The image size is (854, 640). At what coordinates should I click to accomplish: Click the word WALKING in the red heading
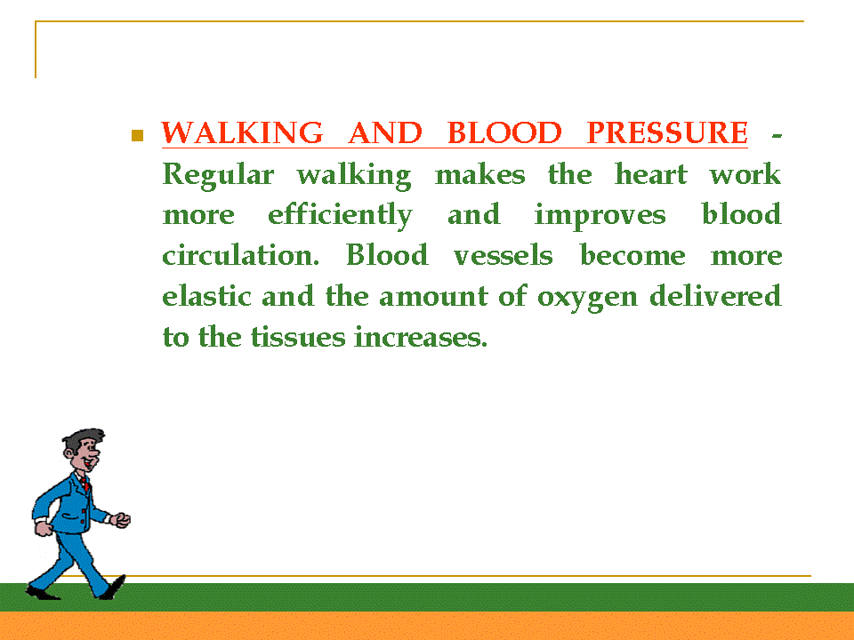(x=242, y=132)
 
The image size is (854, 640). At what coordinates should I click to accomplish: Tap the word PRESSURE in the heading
(x=667, y=132)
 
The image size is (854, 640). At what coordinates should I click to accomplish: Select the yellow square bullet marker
(x=137, y=135)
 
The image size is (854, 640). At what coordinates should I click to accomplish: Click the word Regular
(x=218, y=176)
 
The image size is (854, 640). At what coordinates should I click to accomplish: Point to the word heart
(x=651, y=174)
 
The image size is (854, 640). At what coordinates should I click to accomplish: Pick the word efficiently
(x=340, y=215)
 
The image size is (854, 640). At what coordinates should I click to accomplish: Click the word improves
(x=600, y=215)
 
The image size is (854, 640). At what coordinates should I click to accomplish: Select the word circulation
(x=241, y=255)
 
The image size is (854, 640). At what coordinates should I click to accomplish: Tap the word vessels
(x=503, y=255)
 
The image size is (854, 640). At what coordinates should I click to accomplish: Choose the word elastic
(x=207, y=296)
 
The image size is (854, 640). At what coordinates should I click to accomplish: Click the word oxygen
(x=587, y=299)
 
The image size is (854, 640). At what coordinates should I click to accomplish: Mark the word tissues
(x=298, y=337)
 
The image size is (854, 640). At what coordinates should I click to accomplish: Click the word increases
(x=421, y=337)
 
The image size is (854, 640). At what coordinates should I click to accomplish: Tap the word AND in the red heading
(x=385, y=132)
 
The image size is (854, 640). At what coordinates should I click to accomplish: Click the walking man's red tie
(x=85, y=484)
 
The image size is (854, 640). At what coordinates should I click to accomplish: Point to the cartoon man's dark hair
(x=82, y=440)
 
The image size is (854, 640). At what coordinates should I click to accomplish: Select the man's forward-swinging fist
(x=122, y=520)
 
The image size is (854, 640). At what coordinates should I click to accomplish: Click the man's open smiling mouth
(x=88, y=464)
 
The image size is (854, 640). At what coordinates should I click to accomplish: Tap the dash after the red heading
(x=777, y=136)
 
